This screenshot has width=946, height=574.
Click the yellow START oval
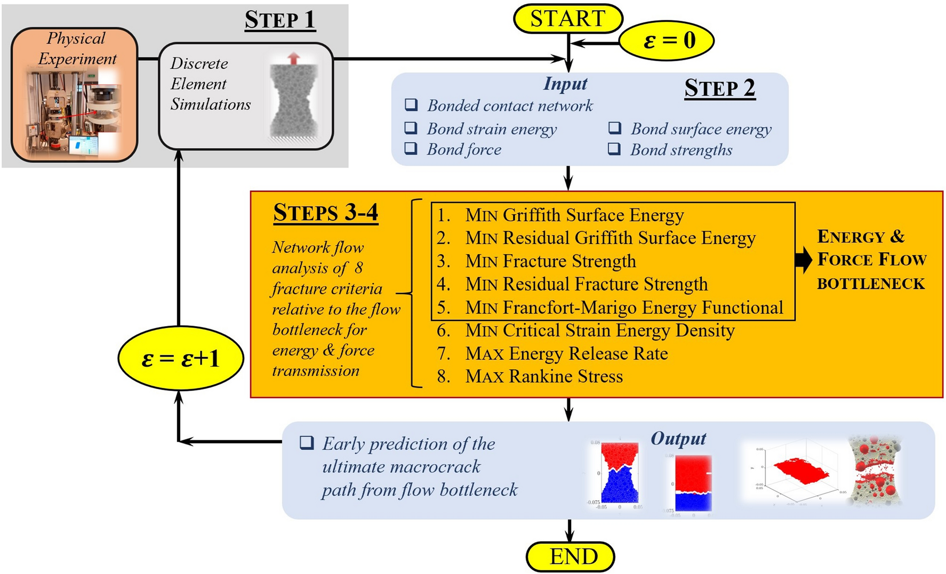tap(567, 19)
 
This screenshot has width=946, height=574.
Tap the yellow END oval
tap(570, 557)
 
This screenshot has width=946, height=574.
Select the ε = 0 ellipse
tap(667, 41)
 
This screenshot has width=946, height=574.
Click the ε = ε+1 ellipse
tap(180, 359)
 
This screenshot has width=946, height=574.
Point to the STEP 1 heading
tap(279, 20)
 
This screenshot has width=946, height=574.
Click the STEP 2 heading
tap(719, 88)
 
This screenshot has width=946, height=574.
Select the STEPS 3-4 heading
tap(325, 213)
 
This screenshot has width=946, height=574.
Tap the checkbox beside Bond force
tap(411, 149)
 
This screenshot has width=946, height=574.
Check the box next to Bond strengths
tap(614, 149)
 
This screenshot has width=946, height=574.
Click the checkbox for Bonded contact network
tap(411, 104)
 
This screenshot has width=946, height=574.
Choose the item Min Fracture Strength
tap(550, 261)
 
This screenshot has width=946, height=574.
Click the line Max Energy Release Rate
tap(566, 354)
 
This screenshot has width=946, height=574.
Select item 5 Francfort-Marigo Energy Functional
tap(623, 308)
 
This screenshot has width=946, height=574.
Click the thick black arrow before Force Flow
tap(803, 260)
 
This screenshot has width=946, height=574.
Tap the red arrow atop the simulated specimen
tap(293, 59)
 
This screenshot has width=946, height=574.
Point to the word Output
tap(678, 439)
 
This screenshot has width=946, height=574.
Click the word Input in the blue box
tap(565, 84)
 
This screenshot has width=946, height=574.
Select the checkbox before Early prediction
tap(307, 442)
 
